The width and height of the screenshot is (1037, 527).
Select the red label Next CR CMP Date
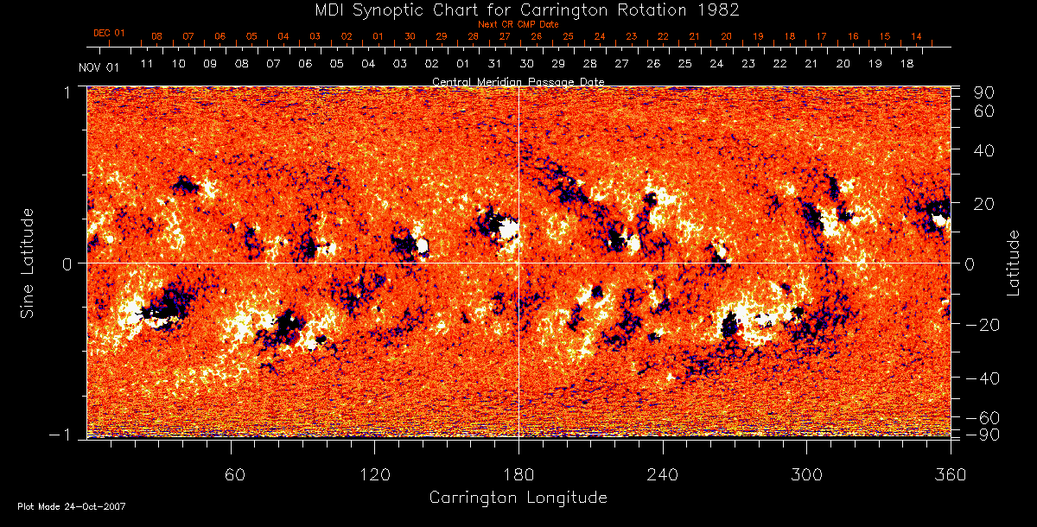coord(518,24)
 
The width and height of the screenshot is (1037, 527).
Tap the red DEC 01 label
coord(109,34)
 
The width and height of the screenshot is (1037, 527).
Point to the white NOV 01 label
coord(98,67)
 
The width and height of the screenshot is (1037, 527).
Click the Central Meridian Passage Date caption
coord(518,81)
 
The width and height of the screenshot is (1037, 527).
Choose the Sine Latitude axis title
coord(29,263)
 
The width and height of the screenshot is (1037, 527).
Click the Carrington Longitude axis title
coord(518,498)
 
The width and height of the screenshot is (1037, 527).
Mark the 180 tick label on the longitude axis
coord(518,474)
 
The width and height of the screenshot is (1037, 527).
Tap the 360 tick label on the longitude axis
coord(951,474)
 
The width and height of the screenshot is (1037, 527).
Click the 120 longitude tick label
coord(374,474)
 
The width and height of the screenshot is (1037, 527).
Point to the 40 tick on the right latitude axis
coord(986,150)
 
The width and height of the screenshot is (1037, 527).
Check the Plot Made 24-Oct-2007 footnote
coord(71,506)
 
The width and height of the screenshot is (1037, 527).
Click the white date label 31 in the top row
coord(494,65)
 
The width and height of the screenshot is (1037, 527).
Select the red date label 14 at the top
coord(916,37)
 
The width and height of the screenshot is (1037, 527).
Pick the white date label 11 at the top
coord(147,65)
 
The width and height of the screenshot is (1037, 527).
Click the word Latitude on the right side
coord(1014,263)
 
